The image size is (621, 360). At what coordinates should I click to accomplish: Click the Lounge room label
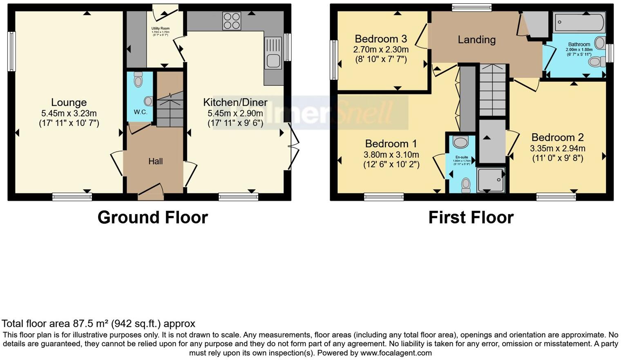point(69,103)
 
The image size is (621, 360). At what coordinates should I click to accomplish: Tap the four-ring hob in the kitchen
point(232,21)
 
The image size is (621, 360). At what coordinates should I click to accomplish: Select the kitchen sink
point(273,53)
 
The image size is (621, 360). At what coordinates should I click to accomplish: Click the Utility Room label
point(160,29)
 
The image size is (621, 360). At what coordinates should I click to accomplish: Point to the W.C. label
point(140,112)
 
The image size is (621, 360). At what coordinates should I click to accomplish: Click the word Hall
point(155,161)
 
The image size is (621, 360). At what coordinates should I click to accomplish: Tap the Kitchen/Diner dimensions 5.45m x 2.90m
point(235,114)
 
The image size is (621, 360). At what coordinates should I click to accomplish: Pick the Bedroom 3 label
point(381,39)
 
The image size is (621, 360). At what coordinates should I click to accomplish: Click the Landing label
point(476,40)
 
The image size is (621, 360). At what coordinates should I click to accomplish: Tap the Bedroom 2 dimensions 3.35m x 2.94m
point(557,148)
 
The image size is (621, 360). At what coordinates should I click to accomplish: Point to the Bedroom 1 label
point(391,144)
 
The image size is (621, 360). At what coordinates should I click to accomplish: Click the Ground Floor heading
point(152,217)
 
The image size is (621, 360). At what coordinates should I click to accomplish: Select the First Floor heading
point(471,217)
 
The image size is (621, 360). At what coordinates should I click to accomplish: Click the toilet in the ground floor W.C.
point(138,80)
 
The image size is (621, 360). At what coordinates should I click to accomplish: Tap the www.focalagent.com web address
point(395,353)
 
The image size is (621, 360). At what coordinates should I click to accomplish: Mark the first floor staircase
point(492,91)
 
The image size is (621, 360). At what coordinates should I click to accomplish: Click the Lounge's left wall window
point(12,51)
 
